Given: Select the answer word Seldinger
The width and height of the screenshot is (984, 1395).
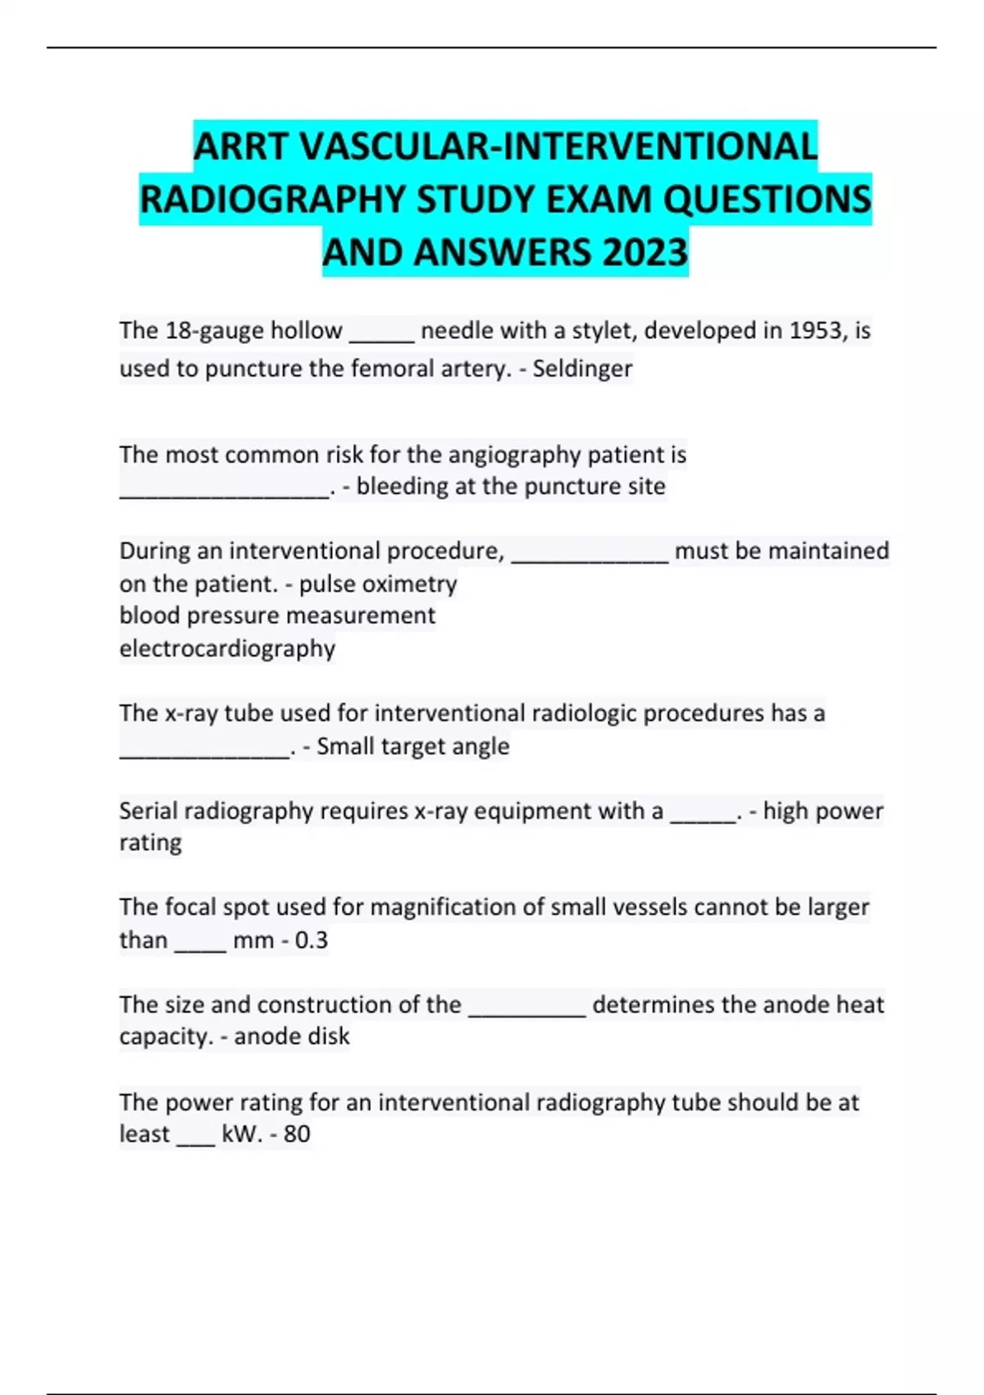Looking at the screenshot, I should point(582,368).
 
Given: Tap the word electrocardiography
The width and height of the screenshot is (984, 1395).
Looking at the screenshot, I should point(227,648).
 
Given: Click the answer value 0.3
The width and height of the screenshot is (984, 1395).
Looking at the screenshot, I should point(311,940).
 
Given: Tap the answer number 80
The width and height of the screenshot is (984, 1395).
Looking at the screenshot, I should point(296,1134).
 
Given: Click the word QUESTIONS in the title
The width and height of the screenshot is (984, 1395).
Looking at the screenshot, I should point(767,199).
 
